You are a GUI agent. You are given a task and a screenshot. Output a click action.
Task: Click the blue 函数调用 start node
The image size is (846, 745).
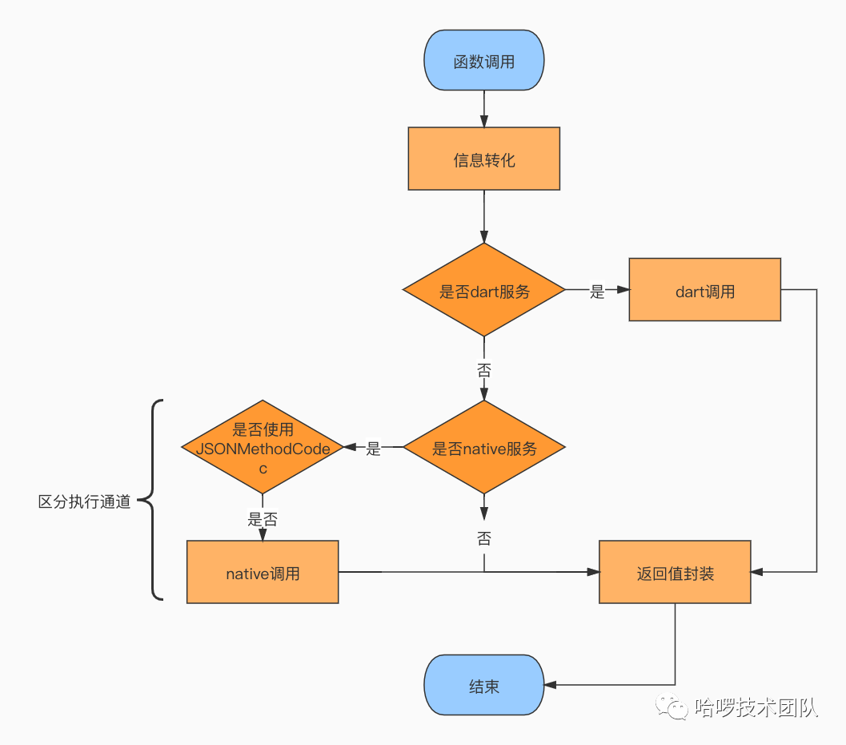coord(483,61)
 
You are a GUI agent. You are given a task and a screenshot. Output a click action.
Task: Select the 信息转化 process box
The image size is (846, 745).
coord(483,159)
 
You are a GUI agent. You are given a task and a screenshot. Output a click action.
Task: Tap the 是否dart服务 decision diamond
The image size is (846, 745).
coord(483,291)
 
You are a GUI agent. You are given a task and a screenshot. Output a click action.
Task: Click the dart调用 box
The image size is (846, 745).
coord(704,290)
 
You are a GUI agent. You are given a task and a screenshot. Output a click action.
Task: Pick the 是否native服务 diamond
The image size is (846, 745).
coord(483,448)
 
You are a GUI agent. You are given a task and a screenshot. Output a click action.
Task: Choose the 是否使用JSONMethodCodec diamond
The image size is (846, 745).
coord(263,448)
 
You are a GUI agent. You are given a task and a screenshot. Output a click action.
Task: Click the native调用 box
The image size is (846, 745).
coord(263,572)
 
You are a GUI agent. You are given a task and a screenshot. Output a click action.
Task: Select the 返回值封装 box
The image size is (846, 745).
coord(675,572)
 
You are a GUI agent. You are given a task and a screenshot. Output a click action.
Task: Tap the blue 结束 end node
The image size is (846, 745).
coord(483,686)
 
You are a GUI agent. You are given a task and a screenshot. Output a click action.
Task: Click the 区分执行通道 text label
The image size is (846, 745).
coord(84,502)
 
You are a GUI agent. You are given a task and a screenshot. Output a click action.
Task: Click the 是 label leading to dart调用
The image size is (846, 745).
coord(597,292)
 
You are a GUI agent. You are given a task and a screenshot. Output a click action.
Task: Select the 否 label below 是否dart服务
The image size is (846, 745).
coord(483,371)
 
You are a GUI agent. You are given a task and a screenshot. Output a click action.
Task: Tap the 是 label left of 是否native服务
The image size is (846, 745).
coord(373,449)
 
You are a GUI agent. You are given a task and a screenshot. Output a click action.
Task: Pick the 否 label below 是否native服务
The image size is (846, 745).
coord(483,538)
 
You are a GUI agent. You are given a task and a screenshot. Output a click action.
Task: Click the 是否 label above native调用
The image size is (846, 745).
coord(263,519)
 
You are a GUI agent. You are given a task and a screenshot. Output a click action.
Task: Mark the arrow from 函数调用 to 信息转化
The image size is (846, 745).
coord(483,109)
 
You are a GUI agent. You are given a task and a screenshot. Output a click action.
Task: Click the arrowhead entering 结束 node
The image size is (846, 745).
coord(551,686)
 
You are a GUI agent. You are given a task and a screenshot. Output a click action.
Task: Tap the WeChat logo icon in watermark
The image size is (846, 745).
coord(672,707)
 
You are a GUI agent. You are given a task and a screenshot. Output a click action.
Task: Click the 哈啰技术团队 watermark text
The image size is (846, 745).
coord(756,707)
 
